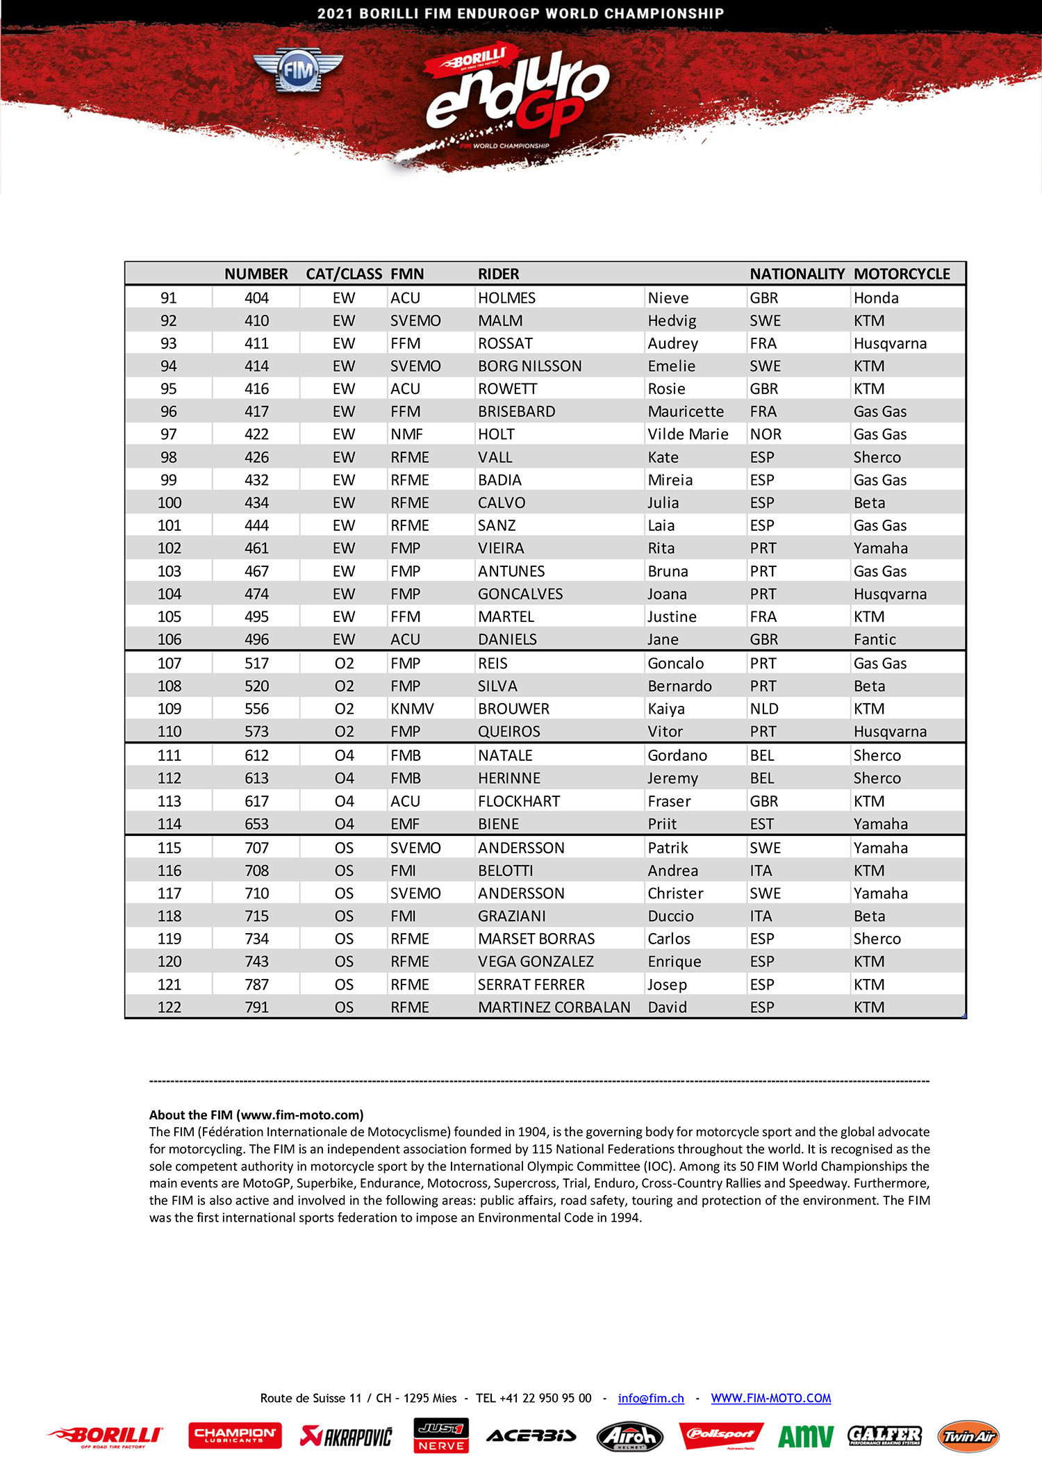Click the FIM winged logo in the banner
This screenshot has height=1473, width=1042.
click(x=298, y=70)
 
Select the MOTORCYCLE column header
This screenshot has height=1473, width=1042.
click(x=901, y=274)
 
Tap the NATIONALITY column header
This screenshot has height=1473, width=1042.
click(x=797, y=274)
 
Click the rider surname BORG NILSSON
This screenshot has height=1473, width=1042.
click(x=529, y=366)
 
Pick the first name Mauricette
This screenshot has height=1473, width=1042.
click(x=685, y=411)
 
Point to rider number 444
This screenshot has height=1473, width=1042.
click(x=256, y=525)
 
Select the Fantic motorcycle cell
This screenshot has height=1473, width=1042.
click(x=875, y=639)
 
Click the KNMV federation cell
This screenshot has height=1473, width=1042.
click(x=412, y=709)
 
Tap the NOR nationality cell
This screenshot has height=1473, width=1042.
click(x=766, y=434)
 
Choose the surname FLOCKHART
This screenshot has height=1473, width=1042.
click(x=518, y=801)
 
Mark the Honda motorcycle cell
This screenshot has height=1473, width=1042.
click(x=876, y=298)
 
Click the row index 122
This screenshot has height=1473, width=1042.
click(x=169, y=1007)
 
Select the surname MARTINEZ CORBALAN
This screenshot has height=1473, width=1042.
click(x=554, y=1007)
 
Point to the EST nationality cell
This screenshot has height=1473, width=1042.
click(x=761, y=824)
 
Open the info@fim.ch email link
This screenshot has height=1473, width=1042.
click(x=651, y=1398)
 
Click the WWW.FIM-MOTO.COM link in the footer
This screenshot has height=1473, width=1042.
click(x=770, y=1398)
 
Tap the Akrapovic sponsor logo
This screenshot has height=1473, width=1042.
click(x=346, y=1435)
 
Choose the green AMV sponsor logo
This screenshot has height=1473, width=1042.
click(x=805, y=1436)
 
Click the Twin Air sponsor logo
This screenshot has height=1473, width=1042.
click(x=968, y=1436)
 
